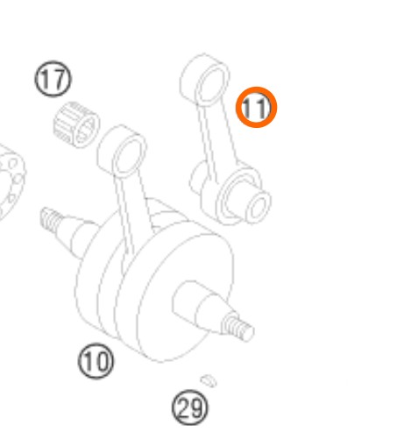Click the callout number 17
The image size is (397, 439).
point(53,79)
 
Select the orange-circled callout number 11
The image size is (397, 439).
point(256,107)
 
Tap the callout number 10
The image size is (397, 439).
point(96,361)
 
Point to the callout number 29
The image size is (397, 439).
point(190,407)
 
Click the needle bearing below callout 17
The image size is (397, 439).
point(76,124)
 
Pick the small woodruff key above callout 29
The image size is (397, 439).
point(209,380)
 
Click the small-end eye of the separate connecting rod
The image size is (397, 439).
point(205,80)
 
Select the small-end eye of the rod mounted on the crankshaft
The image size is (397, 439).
point(123,152)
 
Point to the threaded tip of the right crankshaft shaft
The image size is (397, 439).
point(238,327)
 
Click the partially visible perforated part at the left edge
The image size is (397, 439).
point(11,181)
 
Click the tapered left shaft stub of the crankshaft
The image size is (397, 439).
point(76,234)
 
